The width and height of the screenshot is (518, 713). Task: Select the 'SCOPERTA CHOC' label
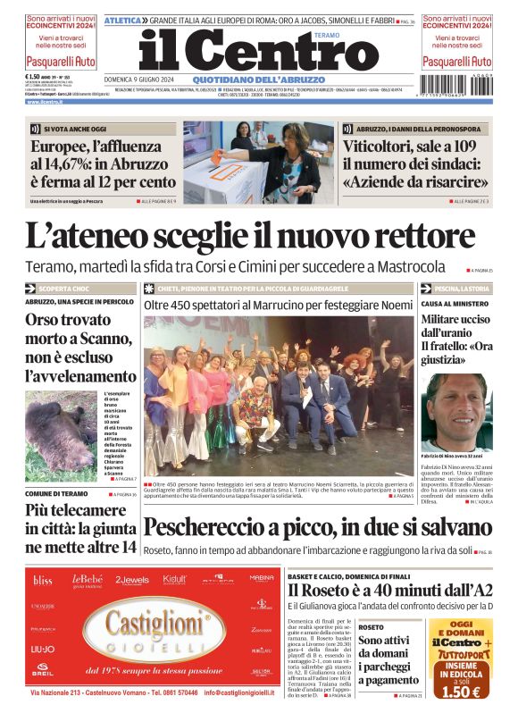64,289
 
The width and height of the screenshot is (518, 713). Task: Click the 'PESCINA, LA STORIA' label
462,289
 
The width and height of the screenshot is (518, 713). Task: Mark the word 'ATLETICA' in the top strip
122,20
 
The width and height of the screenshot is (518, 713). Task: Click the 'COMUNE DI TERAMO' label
55,493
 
